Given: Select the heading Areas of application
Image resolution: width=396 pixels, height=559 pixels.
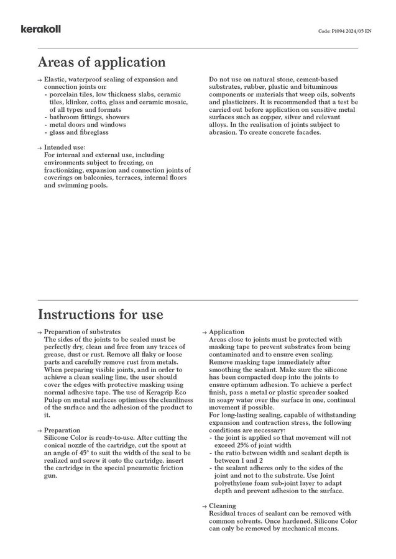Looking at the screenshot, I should pos(101,63).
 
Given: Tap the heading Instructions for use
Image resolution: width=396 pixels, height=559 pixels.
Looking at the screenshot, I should pos(101,314).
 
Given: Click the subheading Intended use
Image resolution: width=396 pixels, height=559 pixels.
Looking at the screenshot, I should pos(65,147).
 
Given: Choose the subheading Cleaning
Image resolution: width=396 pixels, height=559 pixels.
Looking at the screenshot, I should pos(223,506).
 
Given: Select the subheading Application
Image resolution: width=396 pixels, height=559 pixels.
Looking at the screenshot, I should pos(227,332).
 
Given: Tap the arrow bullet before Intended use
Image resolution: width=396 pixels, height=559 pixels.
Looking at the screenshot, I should pos(40,147).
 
